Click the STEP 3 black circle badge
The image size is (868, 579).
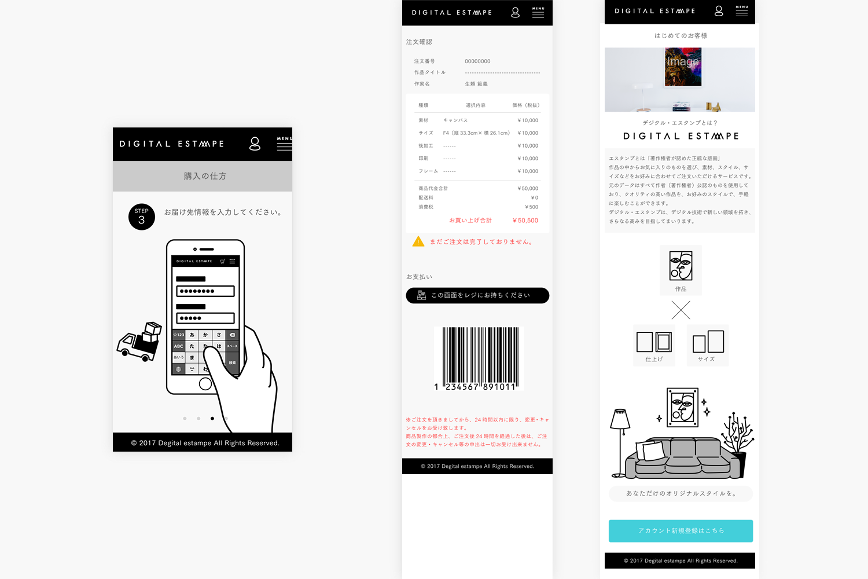point(142,217)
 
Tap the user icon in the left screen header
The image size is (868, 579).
point(255,144)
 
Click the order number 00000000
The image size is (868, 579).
point(477,61)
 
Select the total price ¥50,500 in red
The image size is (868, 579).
point(525,221)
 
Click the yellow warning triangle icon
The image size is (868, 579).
point(418,241)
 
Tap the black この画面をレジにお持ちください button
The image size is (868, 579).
point(477,295)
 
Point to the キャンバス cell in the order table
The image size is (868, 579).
point(455,120)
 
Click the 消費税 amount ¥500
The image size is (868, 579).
point(531,207)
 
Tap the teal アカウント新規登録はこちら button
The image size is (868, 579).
point(681,531)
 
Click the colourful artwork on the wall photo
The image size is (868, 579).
point(683,68)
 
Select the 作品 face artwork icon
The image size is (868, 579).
point(681,266)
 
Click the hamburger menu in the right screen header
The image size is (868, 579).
point(741,11)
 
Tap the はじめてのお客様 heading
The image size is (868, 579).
point(681,36)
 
